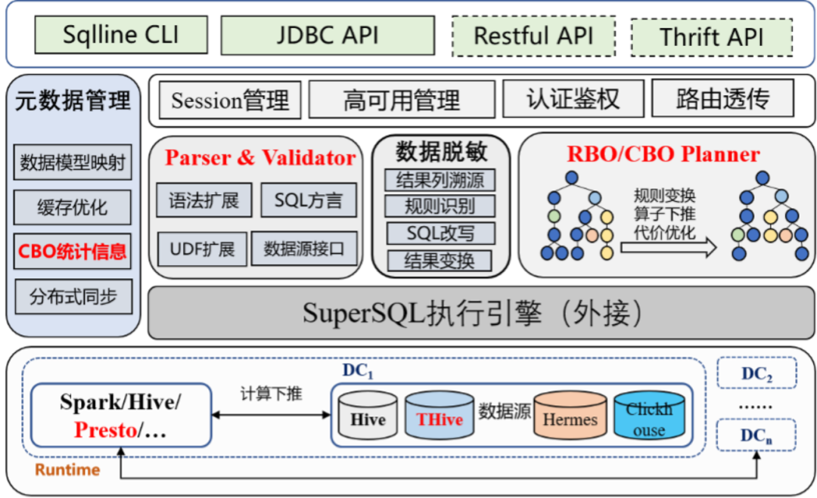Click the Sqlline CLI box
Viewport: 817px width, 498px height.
(x=121, y=36)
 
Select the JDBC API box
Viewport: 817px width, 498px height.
(x=328, y=36)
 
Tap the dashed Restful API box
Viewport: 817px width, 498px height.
(x=533, y=36)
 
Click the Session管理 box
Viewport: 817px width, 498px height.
(x=230, y=101)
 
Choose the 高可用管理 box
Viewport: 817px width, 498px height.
(x=402, y=101)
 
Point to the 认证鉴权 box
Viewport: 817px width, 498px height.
(x=573, y=100)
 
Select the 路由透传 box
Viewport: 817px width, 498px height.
(x=722, y=100)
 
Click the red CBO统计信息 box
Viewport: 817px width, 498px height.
(x=73, y=251)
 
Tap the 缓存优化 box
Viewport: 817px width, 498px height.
(x=73, y=207)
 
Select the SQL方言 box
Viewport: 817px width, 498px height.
(x=309, y=200)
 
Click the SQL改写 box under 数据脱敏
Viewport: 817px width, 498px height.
(x=440, y=232)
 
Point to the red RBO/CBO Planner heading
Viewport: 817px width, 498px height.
(x=663, y=155)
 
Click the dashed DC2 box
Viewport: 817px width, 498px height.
(x=756, y=373)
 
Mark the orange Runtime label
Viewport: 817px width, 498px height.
(x=67, y=470)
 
